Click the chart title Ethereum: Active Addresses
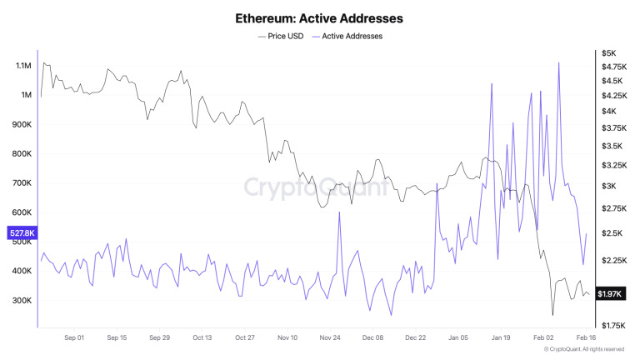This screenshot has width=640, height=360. pyautogui.click(x=319, y=17)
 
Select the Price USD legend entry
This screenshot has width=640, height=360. pyautogui.click(x=281, y=36)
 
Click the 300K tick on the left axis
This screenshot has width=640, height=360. pyautogui.click(x=20, y=300)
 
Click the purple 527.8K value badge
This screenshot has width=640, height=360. pyautogui.click(x=20, y=233)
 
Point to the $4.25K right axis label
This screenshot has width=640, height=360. pyautogui.click(x=613, y=96)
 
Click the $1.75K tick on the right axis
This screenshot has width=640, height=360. pyautogui.click(x=613, y=325)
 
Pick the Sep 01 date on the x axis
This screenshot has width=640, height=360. pyautogui.click(x=74, y=338)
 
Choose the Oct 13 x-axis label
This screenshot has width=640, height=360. pyautogui.click(x=202, y=338)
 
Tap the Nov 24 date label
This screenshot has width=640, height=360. pyautogui.click(x=330, y=338)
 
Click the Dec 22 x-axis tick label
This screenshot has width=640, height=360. pyautogui.click(x=416, y=338)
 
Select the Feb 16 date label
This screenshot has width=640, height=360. pyautogui.click(x=587, y=338)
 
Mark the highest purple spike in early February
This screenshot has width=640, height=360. pyautogui.click(x=558, y=62)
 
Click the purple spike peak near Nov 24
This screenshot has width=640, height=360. pyautogui.click(x=339, y=212)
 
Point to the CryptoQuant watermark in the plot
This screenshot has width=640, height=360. pyautogui.click(x=315, y=187)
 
